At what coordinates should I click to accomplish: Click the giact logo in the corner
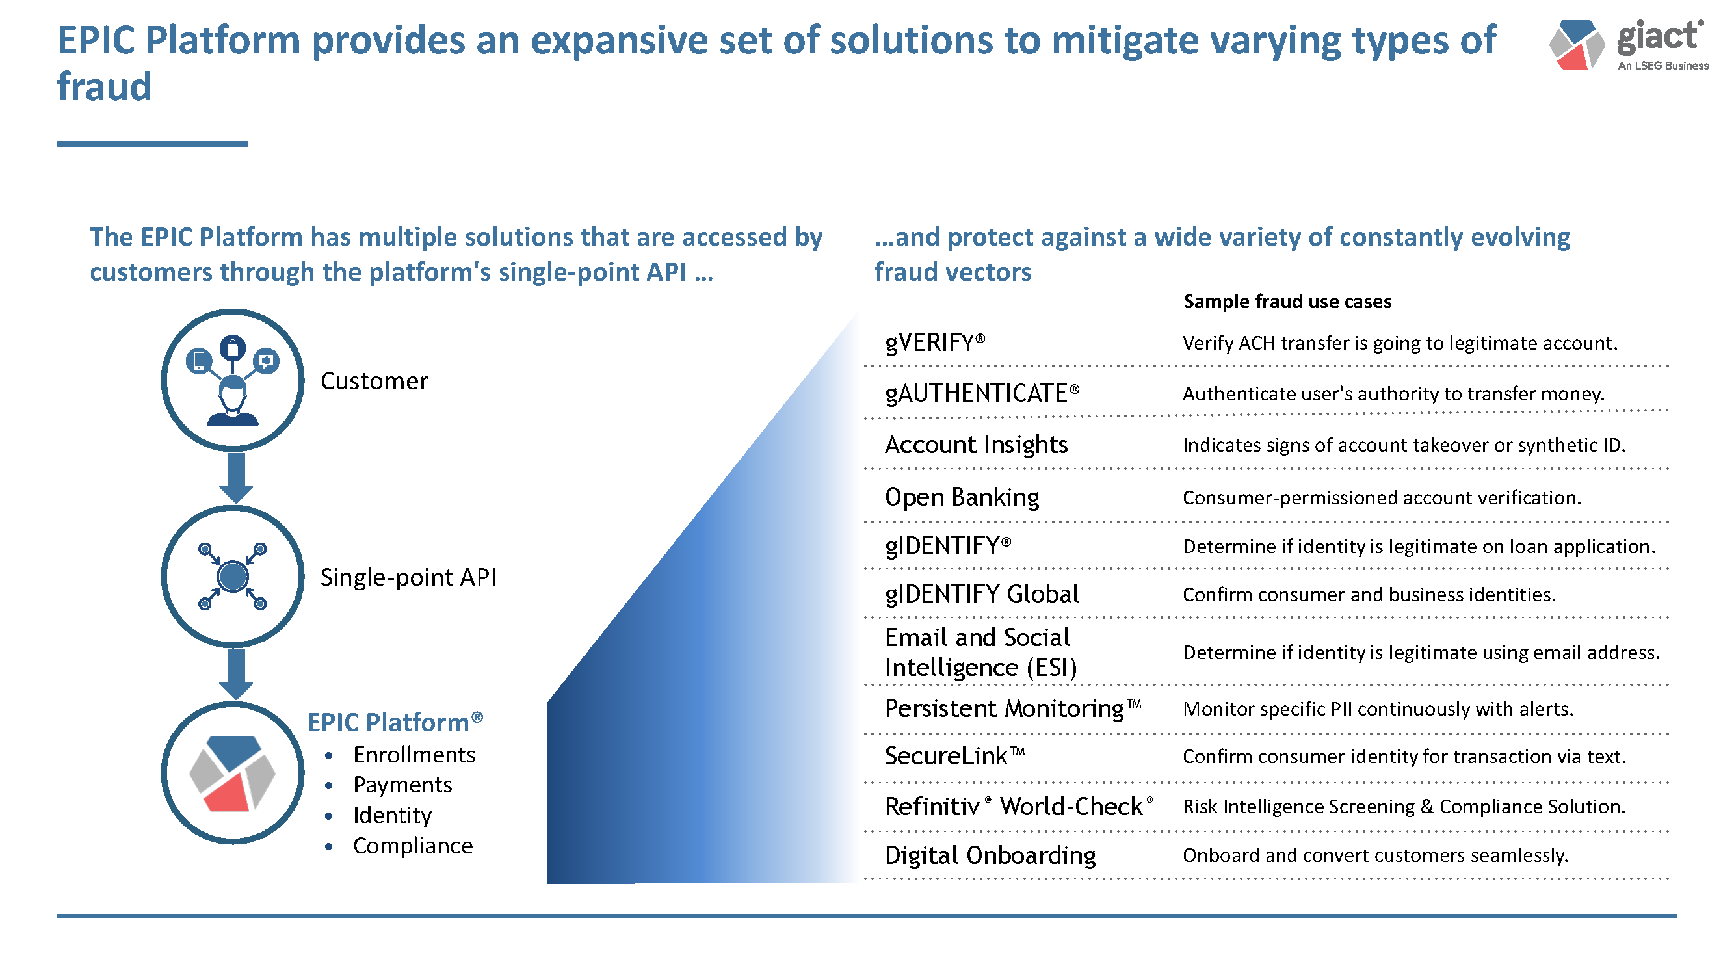pos(1629,45)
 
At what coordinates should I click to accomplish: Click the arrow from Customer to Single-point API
pos(235,478)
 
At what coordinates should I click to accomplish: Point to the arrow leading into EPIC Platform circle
pos(235,674)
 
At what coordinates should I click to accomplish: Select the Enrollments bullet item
pos(414,755)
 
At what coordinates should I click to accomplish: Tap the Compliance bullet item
pos(413,846)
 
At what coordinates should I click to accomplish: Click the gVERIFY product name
pos(935,343)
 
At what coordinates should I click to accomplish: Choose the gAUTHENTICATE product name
pos(982,394)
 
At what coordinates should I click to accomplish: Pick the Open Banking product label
pos(962,498)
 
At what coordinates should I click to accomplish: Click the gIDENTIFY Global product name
pos(982,594)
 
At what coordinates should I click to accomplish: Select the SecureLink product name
pos(954,757)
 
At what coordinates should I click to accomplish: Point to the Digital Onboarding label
pos(990,856)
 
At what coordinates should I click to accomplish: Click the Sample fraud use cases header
pos(1287,302)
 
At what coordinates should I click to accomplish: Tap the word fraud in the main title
pos(104,86)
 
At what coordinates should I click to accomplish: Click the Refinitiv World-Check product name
pos(1019,806)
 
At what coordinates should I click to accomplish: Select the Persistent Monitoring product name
pos(1013,708)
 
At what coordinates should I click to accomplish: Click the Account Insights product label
pos(976,445)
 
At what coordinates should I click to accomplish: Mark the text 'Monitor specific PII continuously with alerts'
pos(1378,709)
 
